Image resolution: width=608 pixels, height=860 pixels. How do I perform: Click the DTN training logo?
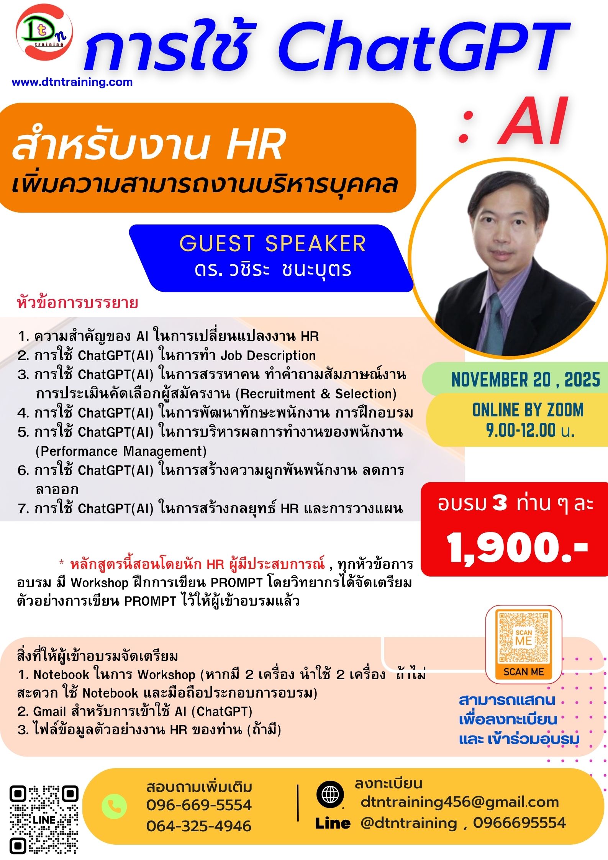pos(44,32)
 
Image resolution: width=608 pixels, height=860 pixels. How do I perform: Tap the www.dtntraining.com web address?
pos(72,82)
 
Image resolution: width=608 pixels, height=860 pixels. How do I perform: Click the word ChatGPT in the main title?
pos(424,47)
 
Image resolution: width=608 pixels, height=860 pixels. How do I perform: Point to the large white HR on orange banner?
pos(256,145)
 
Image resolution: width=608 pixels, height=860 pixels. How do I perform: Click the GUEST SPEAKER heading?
pos(272,244)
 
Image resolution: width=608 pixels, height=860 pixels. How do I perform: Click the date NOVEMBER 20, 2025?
pos(526,380)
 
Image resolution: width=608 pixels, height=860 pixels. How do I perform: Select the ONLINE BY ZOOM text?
pos(528,410)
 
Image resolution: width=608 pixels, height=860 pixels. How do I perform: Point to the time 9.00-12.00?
pos(521,430)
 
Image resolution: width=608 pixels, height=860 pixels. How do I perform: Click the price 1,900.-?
pos(517,548)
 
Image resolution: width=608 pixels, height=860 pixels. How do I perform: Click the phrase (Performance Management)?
pos(121,451)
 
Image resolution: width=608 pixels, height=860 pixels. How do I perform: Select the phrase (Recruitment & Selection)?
pos(316,394)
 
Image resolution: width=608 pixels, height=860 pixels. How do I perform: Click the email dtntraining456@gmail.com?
pos(460,802)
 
